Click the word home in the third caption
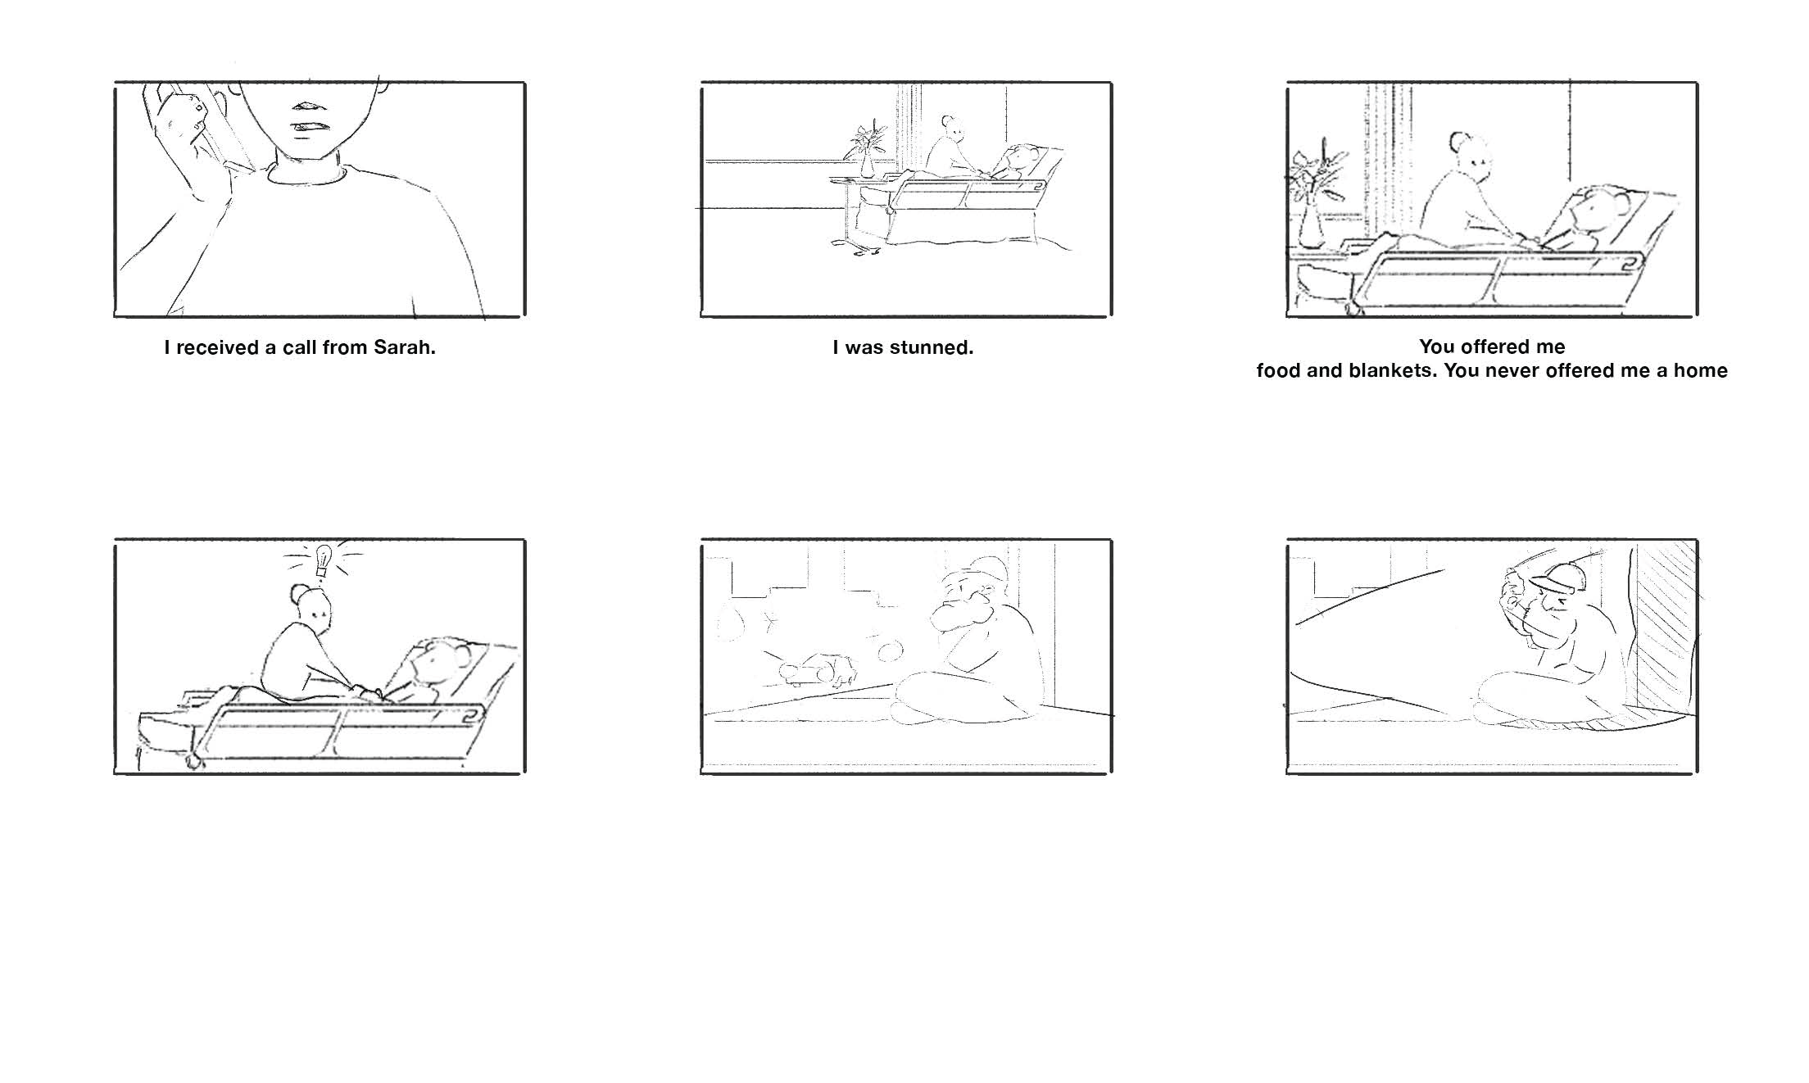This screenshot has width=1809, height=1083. (x=1700, y=371)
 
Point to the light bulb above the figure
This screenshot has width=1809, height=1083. (x=323, y=560)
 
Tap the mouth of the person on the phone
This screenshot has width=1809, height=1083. (x=311, y=127)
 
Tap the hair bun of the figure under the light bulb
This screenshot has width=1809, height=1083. (x=298, y=591)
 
